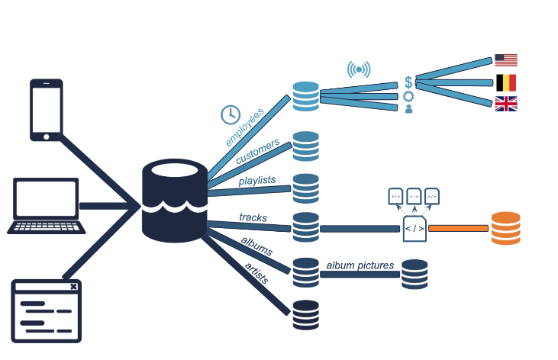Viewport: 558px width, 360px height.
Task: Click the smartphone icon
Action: pyautogui.click(x=46, y=109)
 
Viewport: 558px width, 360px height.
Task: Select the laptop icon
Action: pyautogui.click(x=47, y=206)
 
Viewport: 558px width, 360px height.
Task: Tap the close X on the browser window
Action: pyautogui.click(x=73, y=287)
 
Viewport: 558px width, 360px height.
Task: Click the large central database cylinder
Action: pyautogui.click(x=175, y=201)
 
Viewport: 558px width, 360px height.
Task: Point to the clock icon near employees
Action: pyautogui.click(x=230, y=114)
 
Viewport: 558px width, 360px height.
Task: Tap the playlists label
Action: pyautogui.click(x=256, y=181)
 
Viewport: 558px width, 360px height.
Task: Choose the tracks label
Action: pyautogui.click(x=253, y=217)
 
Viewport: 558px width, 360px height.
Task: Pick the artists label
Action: pyautogui.click(x=256, y=272)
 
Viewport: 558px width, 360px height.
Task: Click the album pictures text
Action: pyautogui.click(x=360, y=265)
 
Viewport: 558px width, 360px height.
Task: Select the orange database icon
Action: pyautogui.click(x=505, y=228)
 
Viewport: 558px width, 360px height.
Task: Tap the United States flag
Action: pyautogui.click(x=505, y=60)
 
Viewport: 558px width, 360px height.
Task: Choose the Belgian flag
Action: pyautogui.click(x=505, y=82)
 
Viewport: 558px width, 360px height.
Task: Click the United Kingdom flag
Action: pyautogui.click(x=505, y=104)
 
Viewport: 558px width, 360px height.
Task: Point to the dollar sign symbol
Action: pyautogui.click(x=409, y=82)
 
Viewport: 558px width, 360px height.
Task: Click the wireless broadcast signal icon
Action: pyautogui.click(x=359, y=70)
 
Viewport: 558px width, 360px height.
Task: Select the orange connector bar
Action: pyautogui.click(x=458, y=228)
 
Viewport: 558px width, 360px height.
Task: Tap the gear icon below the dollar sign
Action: pyautogui.click(x=408, y=96)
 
